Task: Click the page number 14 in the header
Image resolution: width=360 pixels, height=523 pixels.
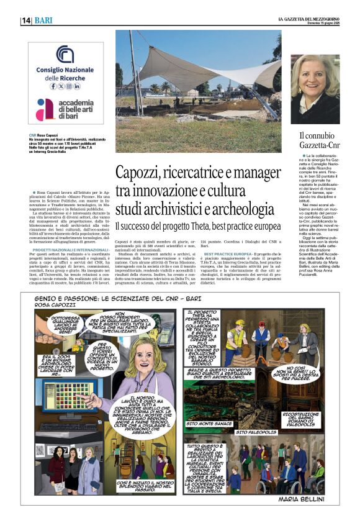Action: coord(26,20)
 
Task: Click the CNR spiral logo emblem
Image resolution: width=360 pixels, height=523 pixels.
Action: coord(65,55)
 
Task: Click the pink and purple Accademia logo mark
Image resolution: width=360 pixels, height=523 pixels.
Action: coord(45,109)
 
